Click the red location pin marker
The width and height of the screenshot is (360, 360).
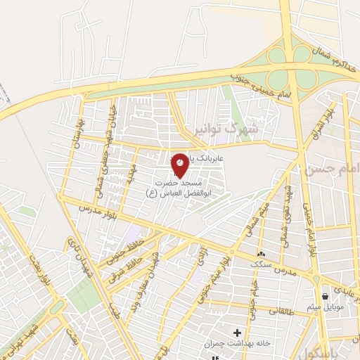click(179, 164)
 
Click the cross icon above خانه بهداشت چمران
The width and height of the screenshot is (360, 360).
click(237, 333)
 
